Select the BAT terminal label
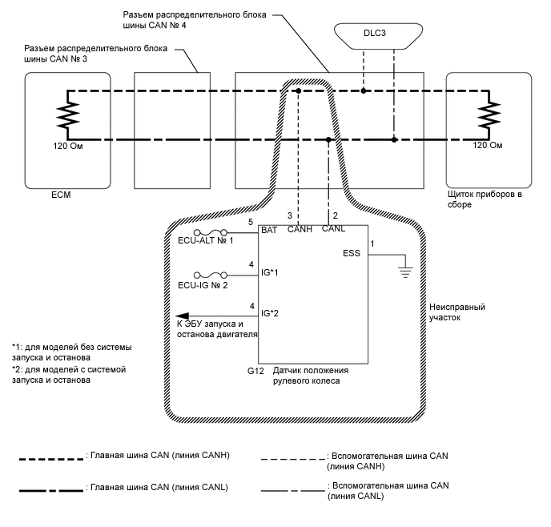pos(268,230)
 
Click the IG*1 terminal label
pos(271,273)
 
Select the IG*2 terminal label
pos(271,315)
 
